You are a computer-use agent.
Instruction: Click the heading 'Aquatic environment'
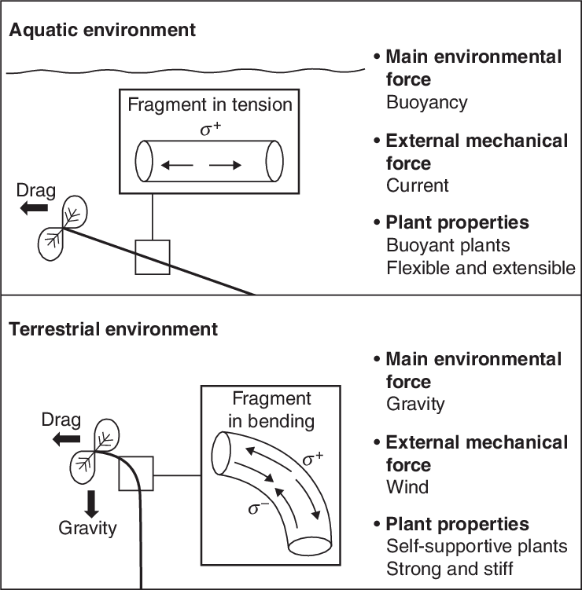102,31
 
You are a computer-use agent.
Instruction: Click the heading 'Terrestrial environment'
113,328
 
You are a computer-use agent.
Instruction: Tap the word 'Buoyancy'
426,102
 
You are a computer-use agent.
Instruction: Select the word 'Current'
418,186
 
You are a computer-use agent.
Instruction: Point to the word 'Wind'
407,487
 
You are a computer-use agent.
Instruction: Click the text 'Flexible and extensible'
481,268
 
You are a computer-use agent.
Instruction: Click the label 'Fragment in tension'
209,104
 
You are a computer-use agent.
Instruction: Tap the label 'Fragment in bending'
271,409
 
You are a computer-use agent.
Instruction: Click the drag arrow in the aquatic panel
34,208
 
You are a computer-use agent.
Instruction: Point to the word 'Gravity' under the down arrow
87,527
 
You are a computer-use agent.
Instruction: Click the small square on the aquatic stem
152,257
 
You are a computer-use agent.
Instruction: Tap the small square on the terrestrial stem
135,475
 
